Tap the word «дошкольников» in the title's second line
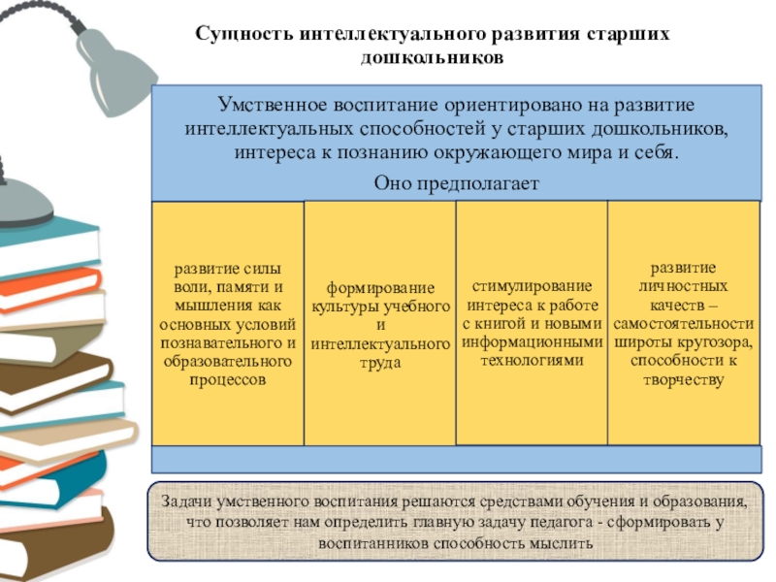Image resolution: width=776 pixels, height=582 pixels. (432, 57)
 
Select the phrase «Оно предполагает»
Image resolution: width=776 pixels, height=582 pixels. (456, 183)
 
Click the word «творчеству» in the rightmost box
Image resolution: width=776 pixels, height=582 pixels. (683, 380)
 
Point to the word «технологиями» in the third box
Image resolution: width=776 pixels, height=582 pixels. (532, 360)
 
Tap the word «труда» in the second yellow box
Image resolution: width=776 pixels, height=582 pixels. (379, 362)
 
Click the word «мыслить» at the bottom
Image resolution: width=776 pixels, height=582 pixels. (561, 542)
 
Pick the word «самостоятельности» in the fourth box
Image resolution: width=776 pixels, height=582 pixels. (683, 324)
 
